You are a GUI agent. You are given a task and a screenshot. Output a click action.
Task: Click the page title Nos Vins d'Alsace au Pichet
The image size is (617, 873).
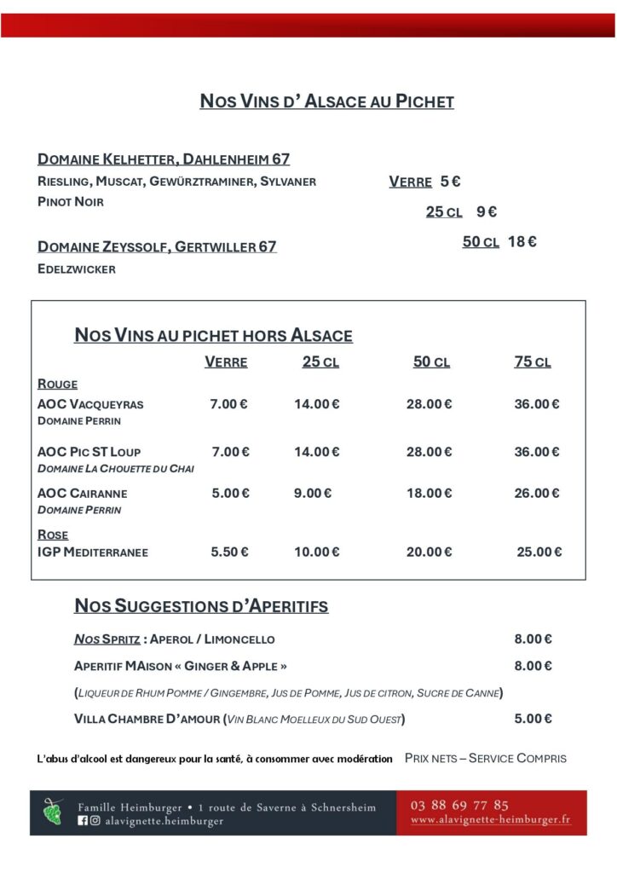(326, 101)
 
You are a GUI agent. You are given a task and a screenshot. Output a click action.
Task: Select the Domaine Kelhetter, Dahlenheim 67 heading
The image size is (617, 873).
(164, 159)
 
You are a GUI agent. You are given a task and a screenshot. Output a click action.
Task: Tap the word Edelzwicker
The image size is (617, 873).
(77, 269)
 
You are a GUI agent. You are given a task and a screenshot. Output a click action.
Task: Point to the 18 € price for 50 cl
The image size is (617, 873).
(522, 242)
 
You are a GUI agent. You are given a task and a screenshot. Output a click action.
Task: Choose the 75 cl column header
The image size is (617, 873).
(533, 362)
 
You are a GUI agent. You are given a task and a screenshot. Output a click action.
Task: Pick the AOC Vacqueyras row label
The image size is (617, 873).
(90, 404)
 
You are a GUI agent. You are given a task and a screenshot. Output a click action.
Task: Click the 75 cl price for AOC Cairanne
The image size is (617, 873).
(537, 493)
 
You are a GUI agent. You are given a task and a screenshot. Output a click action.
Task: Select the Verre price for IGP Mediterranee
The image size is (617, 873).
(230, 552)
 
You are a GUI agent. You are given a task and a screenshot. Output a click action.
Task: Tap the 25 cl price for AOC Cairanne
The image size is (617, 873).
(313, 493)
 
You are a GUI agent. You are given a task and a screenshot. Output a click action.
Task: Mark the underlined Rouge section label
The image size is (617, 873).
(57, 384)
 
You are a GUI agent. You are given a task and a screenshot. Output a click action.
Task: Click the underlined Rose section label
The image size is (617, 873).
(53, 535)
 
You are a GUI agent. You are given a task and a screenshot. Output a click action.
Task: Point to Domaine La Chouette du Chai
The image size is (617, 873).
(116, 469)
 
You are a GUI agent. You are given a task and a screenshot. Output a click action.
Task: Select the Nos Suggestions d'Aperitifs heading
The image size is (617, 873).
(201, 607)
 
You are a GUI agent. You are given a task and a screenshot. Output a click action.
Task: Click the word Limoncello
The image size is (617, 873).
(239, 639)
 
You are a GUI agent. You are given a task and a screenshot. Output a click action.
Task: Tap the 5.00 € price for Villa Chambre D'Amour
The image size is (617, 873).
(533, 719)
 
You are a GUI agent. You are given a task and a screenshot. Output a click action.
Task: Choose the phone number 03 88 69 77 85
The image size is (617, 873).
(459, 805)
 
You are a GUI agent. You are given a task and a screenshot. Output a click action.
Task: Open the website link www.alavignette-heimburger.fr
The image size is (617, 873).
(490, 819)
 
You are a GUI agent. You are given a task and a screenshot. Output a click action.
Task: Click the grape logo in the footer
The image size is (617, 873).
(53, 812)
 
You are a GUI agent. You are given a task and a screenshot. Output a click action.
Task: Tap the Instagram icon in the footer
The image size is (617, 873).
(95, 821)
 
